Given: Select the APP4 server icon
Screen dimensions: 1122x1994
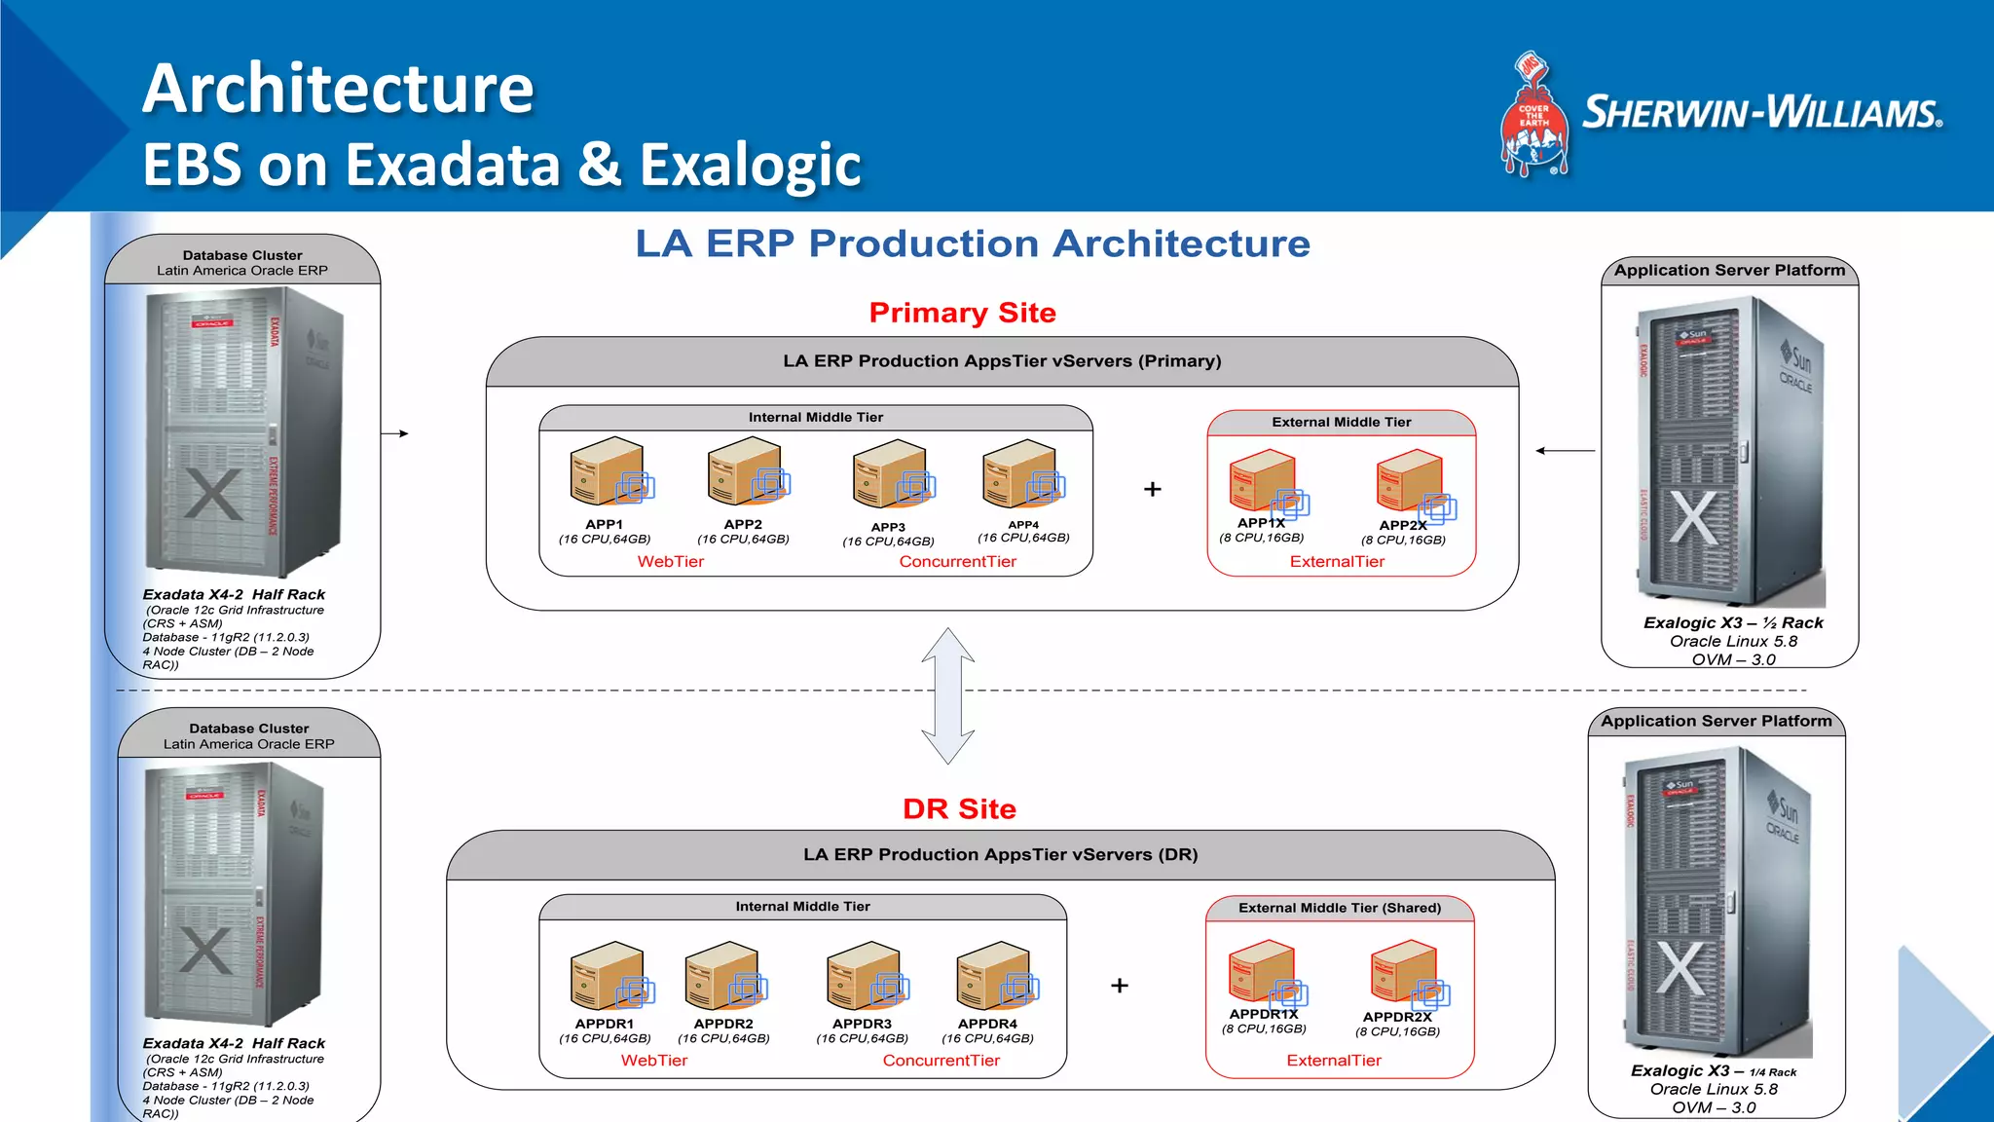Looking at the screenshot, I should click(x=1022, y=473).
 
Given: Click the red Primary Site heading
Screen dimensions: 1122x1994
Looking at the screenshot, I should click(x=962, y=313).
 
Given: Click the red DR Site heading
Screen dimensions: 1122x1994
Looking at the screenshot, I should click(x=959, y=808).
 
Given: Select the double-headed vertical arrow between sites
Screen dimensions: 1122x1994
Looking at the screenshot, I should click(x=947, y=695).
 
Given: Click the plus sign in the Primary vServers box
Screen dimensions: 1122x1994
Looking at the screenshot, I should click(x=1153, y=489).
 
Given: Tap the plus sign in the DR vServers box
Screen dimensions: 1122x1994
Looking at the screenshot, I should click(x=1120, y=986).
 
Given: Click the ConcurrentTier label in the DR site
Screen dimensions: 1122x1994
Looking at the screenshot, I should click(x=941, y=1061).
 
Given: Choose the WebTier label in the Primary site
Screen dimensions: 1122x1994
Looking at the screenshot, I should click(x=670, y=562).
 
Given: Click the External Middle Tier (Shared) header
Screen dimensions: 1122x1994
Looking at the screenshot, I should click(x=1340, y=908).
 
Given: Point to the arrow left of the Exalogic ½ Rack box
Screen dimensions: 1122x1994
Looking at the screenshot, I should click(x=1565, y=451).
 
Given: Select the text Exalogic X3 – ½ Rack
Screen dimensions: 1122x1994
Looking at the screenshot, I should click(x=1733, y=622).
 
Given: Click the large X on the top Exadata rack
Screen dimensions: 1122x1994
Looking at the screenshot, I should click(x=213, y=495).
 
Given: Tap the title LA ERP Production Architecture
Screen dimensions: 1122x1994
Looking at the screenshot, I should click(x=973, y=243).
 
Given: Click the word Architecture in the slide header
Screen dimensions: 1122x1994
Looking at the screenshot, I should click(x=338, y=89).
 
